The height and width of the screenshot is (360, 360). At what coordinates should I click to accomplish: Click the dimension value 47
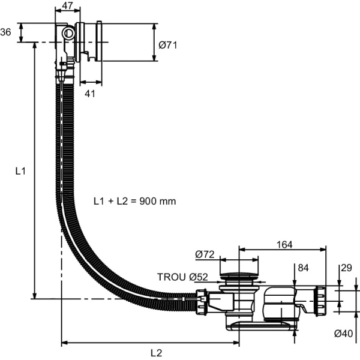click(68, 6)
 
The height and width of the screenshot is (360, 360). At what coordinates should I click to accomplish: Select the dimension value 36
click(7, 32)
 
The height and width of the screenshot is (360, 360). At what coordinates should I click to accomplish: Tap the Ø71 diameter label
click(168, 44)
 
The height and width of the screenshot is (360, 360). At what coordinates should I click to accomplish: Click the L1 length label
click(20, 171)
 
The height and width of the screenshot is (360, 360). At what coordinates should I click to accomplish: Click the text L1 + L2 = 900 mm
click(135, 201)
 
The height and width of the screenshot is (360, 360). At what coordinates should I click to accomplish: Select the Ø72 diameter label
click(205, 255)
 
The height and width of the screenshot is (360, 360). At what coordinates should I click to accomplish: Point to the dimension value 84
click(303, 267)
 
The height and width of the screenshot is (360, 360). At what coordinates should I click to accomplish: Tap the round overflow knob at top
click(68, 33)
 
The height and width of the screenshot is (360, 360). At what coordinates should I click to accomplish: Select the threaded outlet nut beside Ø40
click(320, 300)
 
